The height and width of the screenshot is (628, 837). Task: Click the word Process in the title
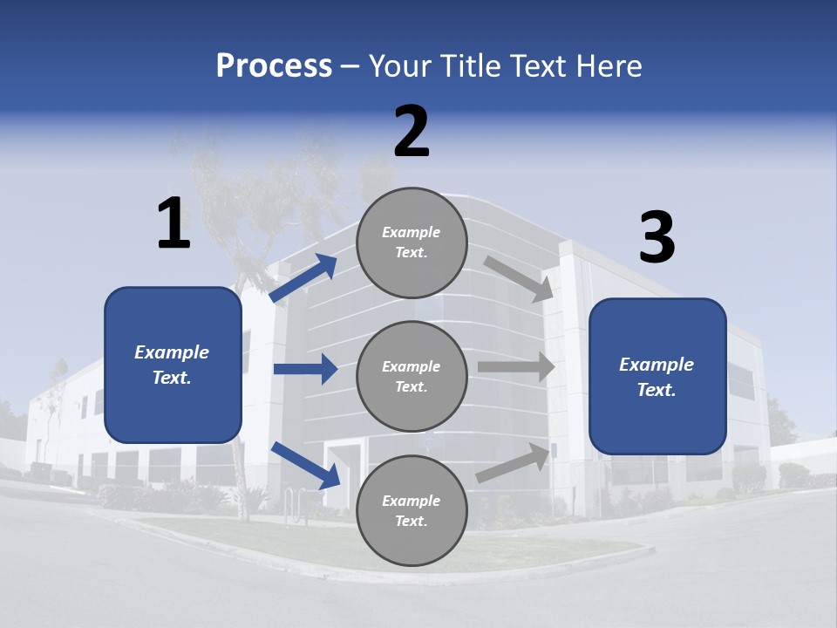(x=274, y=66)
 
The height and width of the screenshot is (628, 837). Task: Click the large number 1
(x=174, y=224)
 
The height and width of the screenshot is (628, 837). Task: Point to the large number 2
(x=412, y=132)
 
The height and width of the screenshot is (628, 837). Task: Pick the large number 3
(x=657, y=237)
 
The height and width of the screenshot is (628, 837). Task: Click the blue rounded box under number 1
(x=173, y=365)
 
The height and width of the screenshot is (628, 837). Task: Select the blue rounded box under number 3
(x=657, y=377)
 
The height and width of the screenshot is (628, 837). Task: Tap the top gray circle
(x=412, y=242)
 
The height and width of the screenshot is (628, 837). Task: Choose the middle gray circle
(x=412, y=376)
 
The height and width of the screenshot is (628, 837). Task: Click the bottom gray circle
(x=412, y=510)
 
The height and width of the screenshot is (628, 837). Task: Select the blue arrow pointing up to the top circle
(x=303, y=278)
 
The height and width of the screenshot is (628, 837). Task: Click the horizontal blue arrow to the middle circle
(x=305, y=369)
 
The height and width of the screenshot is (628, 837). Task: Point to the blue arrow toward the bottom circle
(x=305, y=464)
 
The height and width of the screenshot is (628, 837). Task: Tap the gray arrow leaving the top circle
(x=518, y=278)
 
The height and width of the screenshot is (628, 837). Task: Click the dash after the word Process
(x=350, y=66)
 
